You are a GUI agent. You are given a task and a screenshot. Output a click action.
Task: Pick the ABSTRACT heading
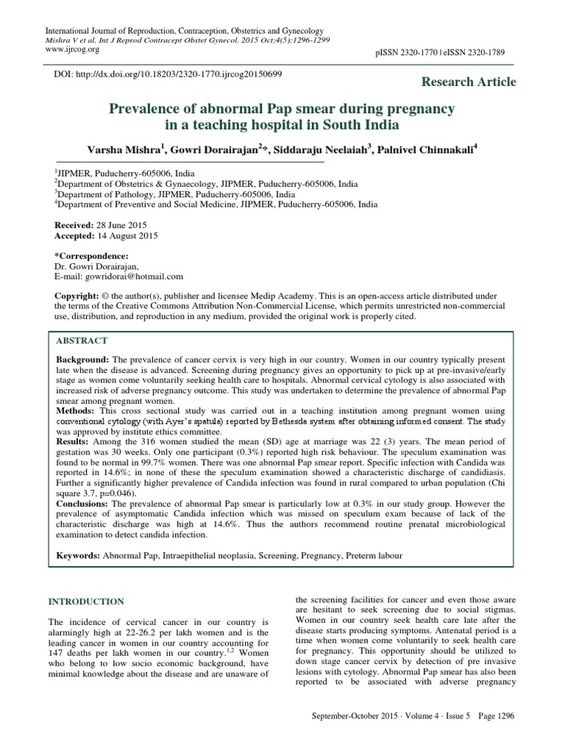click(81, 340)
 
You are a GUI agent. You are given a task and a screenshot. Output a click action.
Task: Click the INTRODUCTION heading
click(85, 602)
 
